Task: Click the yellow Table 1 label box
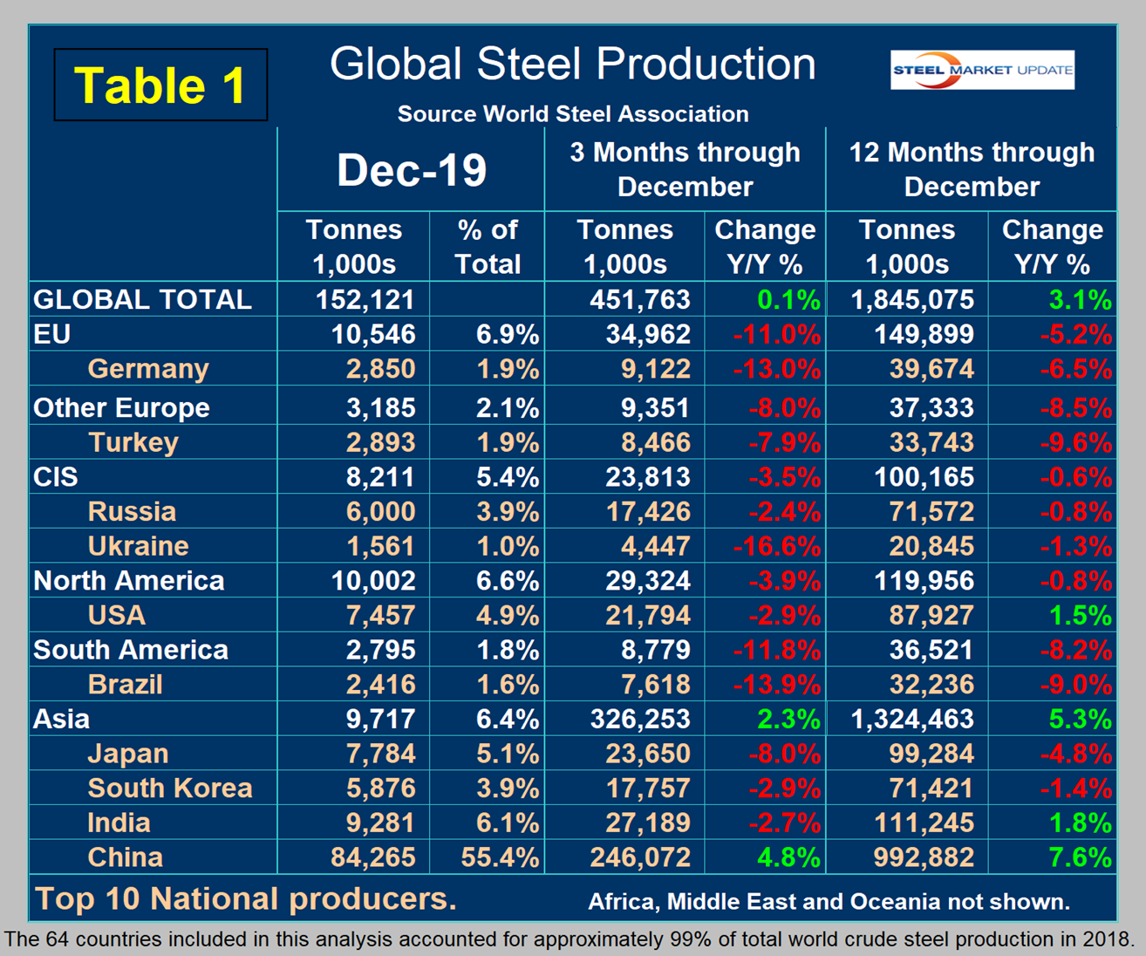(x=160, y=85)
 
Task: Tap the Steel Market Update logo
(x=982, y=70)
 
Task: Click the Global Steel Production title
(x=572, y=65)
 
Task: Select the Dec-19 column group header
(x=411, y=170)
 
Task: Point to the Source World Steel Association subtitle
(x=572, y=114)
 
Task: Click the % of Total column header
(x=487, y=247)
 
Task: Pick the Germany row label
(x=148, y=369)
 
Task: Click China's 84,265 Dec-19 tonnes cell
(x=372, y=857)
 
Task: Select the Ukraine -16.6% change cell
(x=777, y=547)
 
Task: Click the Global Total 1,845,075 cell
(x=912, y=300)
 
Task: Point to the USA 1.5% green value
(x=1080, y=616)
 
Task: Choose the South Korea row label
(x=170, y=789)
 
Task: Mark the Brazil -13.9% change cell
(x=777, y=685)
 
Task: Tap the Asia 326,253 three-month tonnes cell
(x=640, y=720)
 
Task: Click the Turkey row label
(x=133, y=442)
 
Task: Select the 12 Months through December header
(x=972, y=169)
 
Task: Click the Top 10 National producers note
(x=245, y=899)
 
